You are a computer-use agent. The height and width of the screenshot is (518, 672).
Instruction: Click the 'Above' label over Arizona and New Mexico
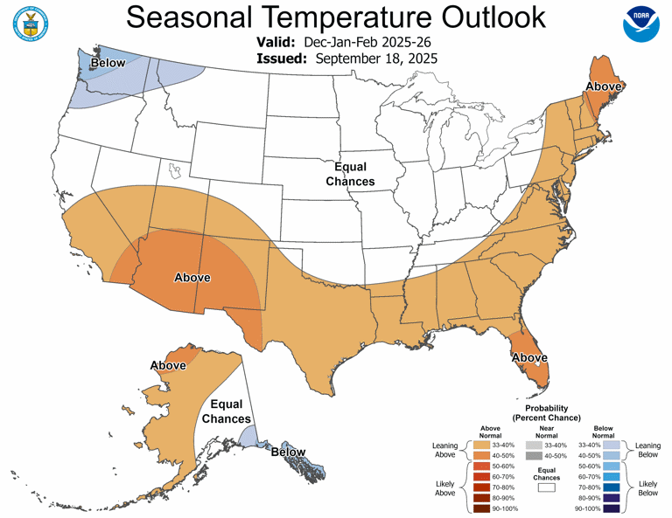click(192, 277)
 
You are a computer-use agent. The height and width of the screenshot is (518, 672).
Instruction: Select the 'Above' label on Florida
click(529, 357)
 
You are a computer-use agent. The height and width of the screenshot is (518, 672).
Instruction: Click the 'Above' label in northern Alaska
click(168, 365)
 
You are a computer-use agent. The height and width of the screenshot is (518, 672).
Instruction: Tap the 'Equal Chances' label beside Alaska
click(227, 412)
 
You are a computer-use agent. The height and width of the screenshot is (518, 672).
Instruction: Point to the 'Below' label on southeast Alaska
click(288, 452)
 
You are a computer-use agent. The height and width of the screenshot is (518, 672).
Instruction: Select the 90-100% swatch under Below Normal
click(612, 508)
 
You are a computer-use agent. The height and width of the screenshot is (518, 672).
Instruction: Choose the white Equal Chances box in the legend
click(546, 489)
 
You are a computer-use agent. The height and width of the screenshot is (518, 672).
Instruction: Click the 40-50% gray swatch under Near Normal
click(534, 456)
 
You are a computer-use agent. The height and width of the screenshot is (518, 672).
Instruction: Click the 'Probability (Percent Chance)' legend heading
click(547, 413)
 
